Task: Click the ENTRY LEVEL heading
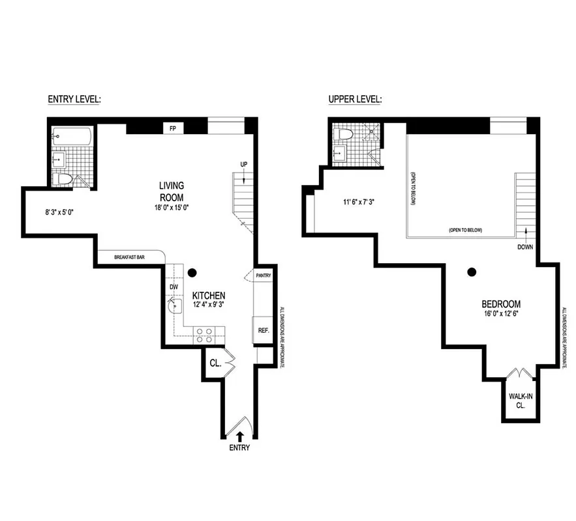74,100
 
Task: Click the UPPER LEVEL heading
355,100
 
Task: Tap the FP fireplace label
173,128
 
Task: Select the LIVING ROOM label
171,191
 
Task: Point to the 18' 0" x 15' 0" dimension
171,208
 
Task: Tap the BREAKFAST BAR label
129,257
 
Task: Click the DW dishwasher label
174,287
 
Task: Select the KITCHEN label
209,295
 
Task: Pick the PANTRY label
264,275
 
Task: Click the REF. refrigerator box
264,331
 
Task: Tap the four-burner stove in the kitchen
204,335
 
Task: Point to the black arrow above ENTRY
239,435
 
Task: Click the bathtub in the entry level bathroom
72,135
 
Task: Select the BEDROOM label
501,304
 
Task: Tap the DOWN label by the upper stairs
525,247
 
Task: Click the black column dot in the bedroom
472,272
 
